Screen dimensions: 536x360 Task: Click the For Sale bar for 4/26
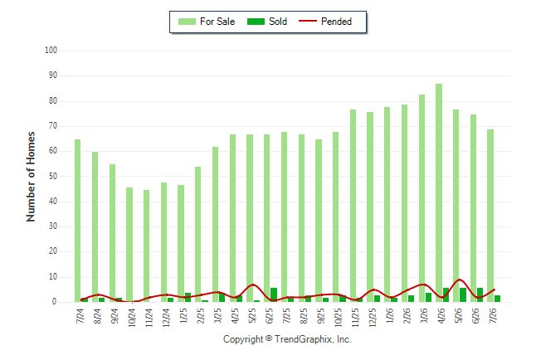(439, 192)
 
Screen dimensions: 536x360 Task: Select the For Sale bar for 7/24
(78, 221)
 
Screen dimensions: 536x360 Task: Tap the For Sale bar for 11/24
(146, 246)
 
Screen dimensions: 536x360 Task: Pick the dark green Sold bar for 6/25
(274, 294)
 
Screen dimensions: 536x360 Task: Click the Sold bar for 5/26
(463, 294)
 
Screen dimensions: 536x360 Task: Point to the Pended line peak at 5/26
(460, 280)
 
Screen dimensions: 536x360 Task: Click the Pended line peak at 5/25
(253, 285)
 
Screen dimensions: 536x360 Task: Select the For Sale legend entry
(207, 22)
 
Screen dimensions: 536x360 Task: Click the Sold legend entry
(267, 22)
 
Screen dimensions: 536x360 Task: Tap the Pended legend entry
(325, 22)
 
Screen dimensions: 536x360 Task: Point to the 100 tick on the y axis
(51, 51)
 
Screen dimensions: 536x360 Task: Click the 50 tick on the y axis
(53, 177)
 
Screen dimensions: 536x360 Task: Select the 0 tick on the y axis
(55, 302)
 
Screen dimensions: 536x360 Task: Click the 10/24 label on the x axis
(132, 318)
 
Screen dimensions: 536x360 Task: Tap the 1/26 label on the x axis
(390, 316)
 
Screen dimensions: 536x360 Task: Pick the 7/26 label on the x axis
(493, 316)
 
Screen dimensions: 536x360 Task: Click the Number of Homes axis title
(31, 177)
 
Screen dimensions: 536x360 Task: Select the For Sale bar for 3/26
(421, 198)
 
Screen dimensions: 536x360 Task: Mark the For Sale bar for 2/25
(198, 234)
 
